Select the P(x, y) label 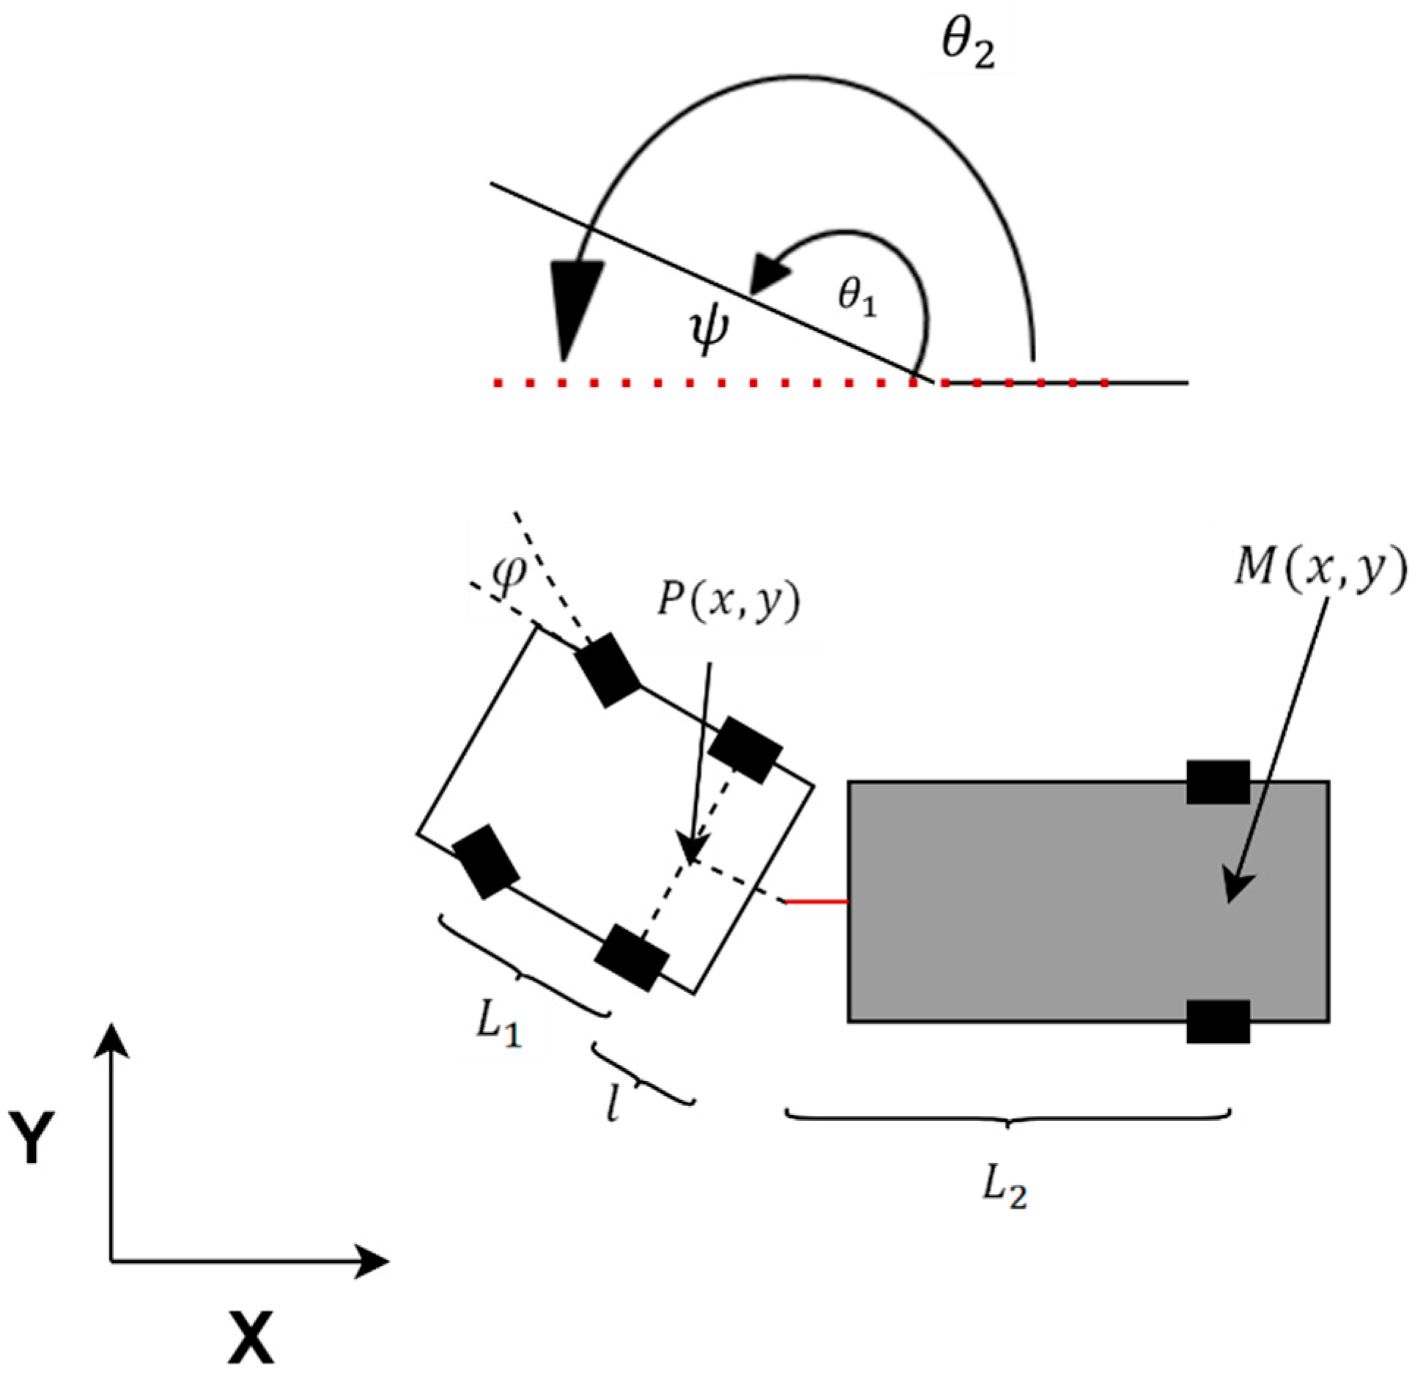[728, 602]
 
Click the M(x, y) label [1320, 570]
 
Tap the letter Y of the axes [32, 1135]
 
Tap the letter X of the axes [251, 1336]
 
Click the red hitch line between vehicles [816, 901]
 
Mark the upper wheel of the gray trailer [1218, 782]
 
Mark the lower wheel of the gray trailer [1218, 1021]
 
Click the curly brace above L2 [1008, 1117]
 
